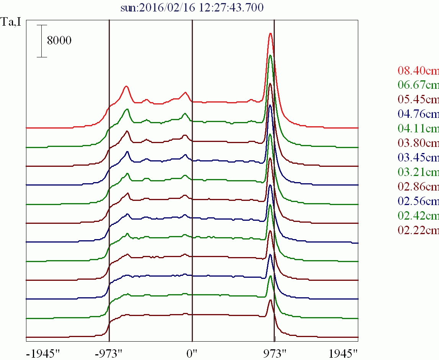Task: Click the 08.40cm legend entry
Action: [x=418, y=70]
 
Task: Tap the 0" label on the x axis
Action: [x=192, y=352]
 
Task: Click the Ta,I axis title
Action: [x=11, y=21]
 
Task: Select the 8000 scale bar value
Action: [x=59, y=41]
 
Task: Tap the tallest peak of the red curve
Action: [x=271, y=33]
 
